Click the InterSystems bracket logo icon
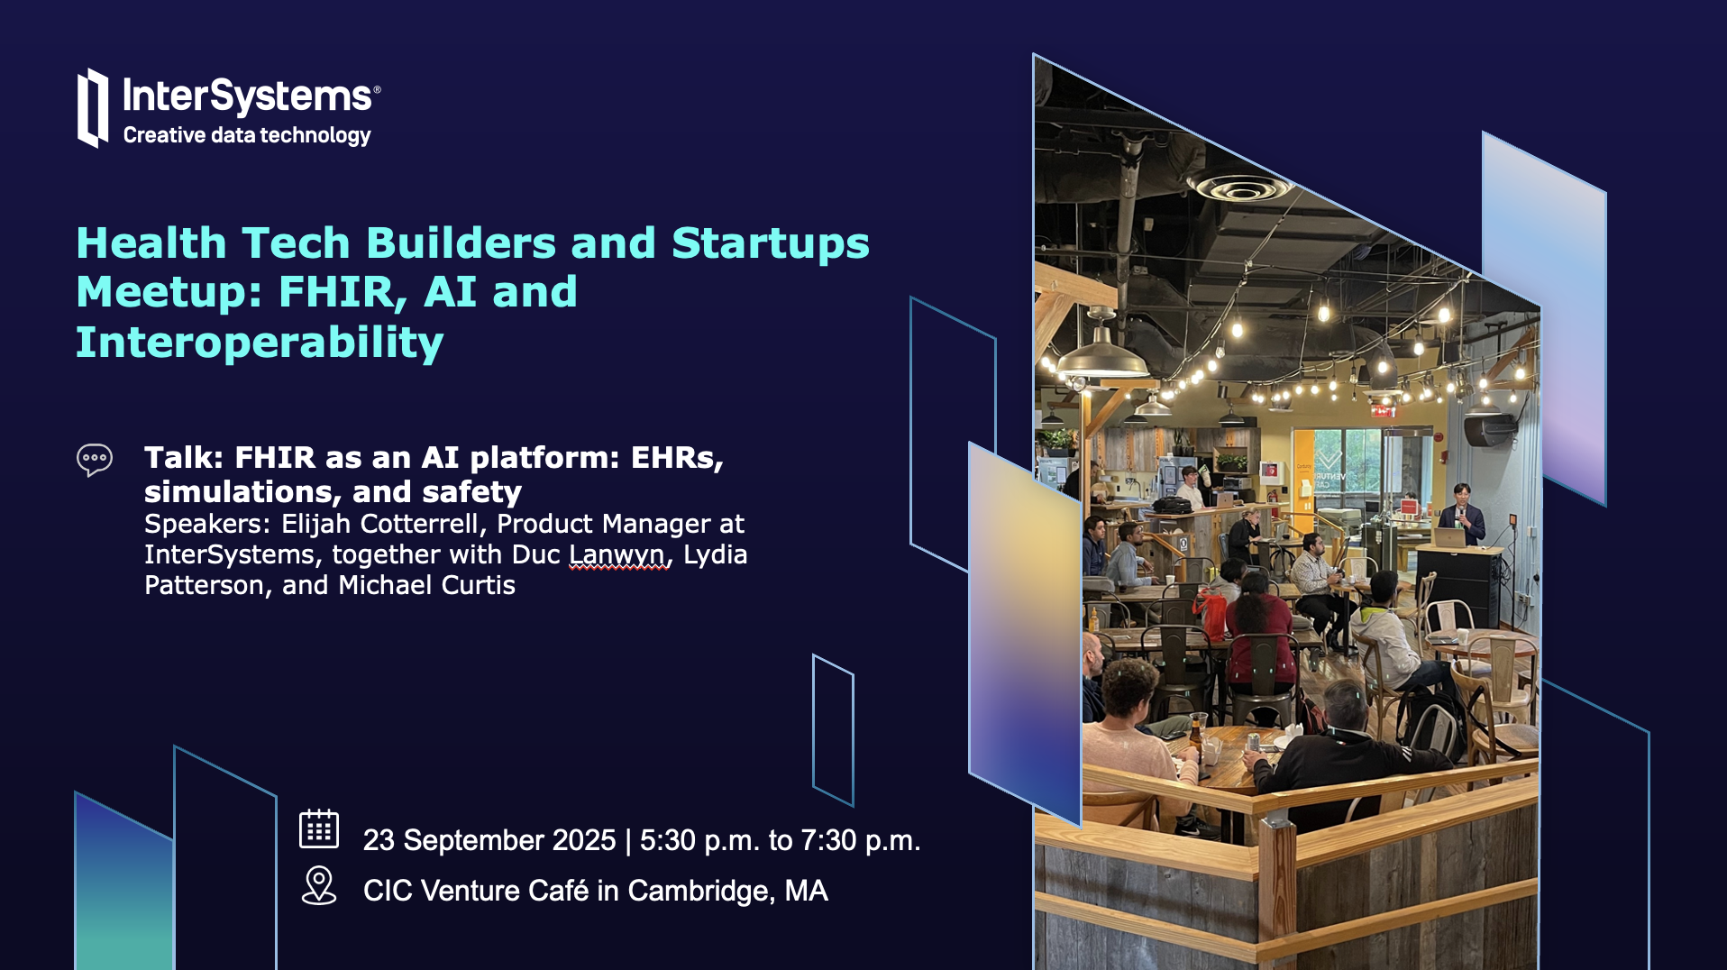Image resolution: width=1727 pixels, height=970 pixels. tap(93, 107)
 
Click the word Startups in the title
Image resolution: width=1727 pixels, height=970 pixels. tap(771, 243)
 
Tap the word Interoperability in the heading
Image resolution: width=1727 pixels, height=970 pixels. tap(260, 343)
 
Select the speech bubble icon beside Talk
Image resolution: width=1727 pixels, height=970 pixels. tap(95, 460)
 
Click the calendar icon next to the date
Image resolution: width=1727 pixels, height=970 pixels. tap(319, 828)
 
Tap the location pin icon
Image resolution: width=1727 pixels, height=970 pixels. tap(319, 885)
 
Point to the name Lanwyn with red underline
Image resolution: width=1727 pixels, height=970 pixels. tap(619, 554)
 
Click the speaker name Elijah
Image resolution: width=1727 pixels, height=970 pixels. tap(316, 524)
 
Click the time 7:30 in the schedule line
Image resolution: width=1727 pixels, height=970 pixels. tap(828, 840)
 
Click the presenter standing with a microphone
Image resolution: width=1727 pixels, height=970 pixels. tap(1461, 514)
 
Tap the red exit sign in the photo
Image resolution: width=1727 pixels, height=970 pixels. tap(1383, 411)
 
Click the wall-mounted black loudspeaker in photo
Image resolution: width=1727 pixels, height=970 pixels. tap(1489, 430)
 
